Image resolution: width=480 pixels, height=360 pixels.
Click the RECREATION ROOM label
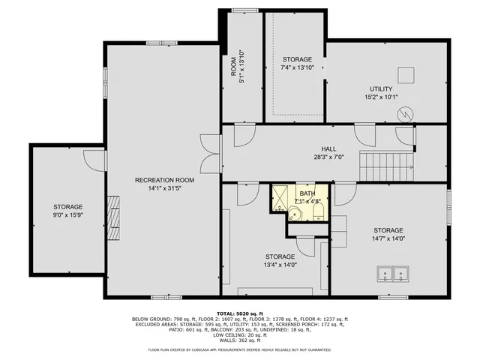pos(164,180)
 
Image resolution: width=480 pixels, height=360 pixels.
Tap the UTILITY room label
pos(385,89)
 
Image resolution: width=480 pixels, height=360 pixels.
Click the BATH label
pos(307,193)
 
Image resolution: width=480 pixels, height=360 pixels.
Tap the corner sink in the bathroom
pos(297,214)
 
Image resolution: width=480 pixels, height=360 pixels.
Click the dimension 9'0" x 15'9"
pos(67,215)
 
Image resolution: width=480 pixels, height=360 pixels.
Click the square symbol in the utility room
pos(406,74)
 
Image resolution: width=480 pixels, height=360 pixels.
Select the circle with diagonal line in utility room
pos(406,115)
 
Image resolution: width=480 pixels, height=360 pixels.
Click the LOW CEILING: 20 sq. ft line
pos(240,335)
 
